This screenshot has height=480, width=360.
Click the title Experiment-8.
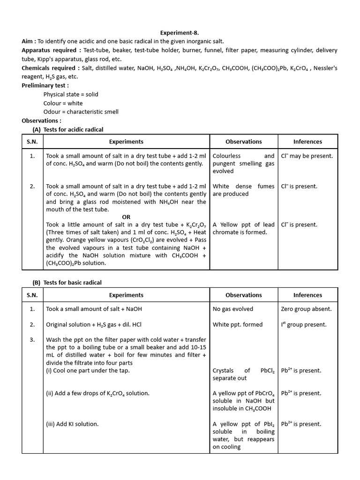180,33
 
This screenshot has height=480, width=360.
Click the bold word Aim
27,42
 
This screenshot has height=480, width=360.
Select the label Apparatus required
50,50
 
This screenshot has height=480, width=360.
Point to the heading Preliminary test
45,85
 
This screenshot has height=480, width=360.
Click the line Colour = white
63,103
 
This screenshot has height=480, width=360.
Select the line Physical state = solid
71,94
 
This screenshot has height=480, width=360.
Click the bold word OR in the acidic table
126,217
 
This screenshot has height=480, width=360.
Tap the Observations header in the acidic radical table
243,142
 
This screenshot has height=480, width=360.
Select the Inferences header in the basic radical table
307,295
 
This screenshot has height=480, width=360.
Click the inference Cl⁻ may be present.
307,156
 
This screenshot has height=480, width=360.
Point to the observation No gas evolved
232,309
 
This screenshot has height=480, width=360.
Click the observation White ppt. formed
238,324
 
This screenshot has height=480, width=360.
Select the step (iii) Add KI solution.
72,424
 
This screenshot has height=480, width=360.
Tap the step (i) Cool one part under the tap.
88,370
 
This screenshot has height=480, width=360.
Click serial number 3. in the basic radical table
32,340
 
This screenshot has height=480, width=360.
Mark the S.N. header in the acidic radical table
32,142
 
